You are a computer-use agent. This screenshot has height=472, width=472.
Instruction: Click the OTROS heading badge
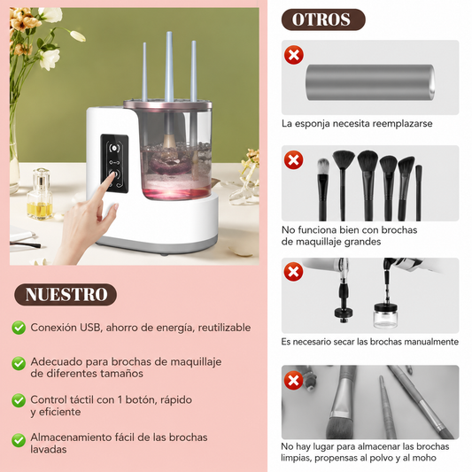point(323,19)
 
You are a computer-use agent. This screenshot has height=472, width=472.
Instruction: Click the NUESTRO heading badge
point(66,294)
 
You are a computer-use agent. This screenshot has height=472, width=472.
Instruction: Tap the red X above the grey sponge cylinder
point(294,55)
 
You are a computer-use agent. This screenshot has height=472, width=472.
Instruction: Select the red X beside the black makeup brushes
point(294,159)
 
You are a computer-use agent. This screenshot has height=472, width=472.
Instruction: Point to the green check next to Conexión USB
point(19,328)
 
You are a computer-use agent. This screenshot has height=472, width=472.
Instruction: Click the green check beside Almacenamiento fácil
point(19,440)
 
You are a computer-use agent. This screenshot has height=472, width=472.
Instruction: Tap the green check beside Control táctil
point(19,400)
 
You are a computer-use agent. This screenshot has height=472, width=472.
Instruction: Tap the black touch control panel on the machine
point(114,164)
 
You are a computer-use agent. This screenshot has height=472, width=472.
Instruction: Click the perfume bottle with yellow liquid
point(40,194)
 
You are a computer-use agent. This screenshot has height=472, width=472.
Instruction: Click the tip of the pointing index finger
point(112,173)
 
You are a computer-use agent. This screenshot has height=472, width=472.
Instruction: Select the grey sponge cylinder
point(370,82)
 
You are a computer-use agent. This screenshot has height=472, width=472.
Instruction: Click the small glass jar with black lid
point(385,316)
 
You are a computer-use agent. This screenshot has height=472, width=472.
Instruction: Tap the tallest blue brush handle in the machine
point(170,67)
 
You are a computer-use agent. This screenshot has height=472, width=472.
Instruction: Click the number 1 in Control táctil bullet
point(120,399)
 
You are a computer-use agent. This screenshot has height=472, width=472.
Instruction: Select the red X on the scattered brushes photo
point(294,380)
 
